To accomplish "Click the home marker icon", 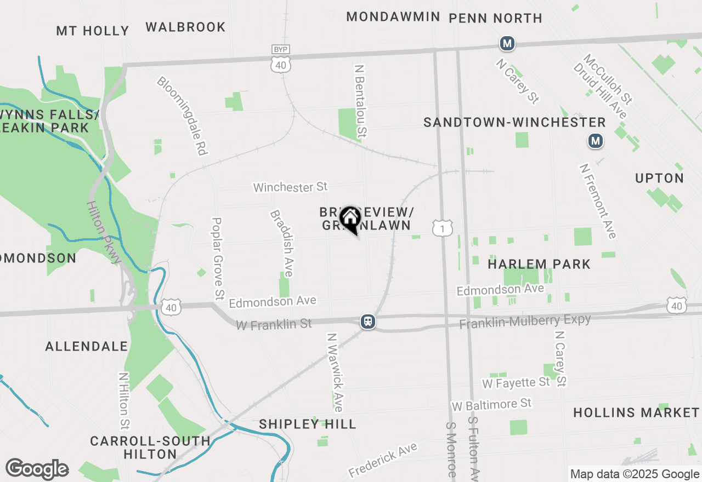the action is pyautogui.click(x=349, y=220).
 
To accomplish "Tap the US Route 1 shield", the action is pyautogui.click(x=442, y=228).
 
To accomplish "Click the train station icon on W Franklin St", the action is pyautogui.click(x=368, y=322).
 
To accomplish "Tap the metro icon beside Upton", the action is pyautogui.click(x=596, y=141).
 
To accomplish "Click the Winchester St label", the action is pyautogui.click(x=290, y=187).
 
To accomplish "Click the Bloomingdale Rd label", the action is pyautogui.click(x=182, y=116).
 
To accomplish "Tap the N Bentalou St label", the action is pyautogui.click(x=360, y=101).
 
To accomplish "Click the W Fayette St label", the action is pyautogui.click(x=516, y=382).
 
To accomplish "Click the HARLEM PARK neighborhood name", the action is pyautogui.click(x=539, y=264).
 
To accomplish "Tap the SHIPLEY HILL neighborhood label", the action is pyautogui.click(x=308, y=424).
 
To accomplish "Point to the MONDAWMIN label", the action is pyautogui.click(x=393, y=17).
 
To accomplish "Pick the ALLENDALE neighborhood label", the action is pyautogui.click(x=87, y=346).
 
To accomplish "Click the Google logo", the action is pyautogui.click(x=37, y=469).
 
